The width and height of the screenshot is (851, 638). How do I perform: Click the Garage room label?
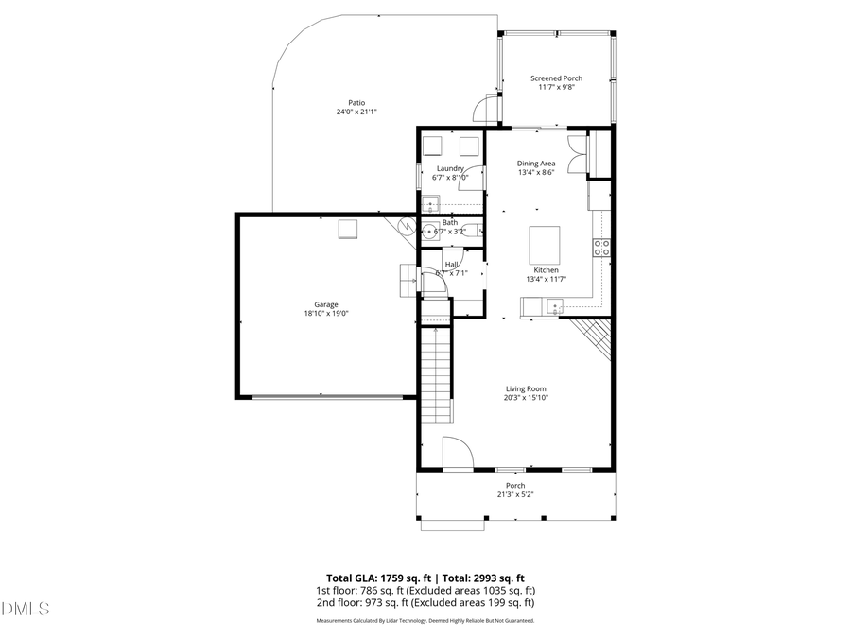pyautogui.click(x=326, y=304)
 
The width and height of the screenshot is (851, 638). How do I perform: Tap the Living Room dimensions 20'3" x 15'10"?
pyautogui.click(x=526, y=398)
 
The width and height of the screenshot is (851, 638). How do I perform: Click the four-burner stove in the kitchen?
pyautogui.click(x=600, y=248)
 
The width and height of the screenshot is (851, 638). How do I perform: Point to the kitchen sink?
pyautogui.click(x=554, y=304)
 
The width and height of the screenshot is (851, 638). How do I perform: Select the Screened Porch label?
pyautogui.click(x=556, y=78)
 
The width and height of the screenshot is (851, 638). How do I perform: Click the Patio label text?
pyautogui.click(x=356, y=103)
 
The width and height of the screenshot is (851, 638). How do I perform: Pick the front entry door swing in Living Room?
pyautogui.click(x=458, y=454)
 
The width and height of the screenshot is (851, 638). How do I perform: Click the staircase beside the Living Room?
pyautogui.click(x=436, y=373)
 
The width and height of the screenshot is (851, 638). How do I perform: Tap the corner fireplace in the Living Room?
pyautogui.click(x=594, y=336)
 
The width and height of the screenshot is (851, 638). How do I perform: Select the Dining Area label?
pyautogui.click(x=536, y=164)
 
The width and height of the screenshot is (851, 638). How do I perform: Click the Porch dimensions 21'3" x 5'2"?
pyautogui.click(x=515, y=494)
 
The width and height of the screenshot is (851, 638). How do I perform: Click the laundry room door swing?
pyautogui.click(x=473, y=178)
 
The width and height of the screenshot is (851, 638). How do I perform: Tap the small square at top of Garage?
pyautogui.click(x=348, y=229)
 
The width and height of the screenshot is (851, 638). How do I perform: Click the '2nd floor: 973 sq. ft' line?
pyautogui.click(x=425, y=602)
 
